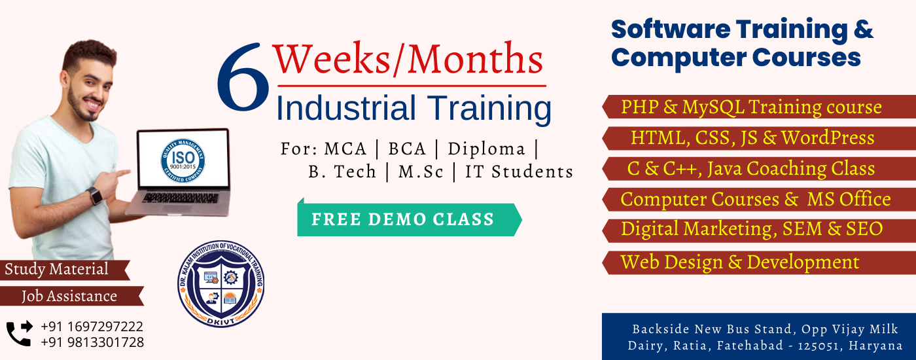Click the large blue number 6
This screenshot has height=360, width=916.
tap(243, 78)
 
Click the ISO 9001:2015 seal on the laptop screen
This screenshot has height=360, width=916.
tap(183, 160)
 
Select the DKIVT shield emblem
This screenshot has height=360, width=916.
tap(221, 283)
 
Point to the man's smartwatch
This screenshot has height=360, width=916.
tap(95, 196)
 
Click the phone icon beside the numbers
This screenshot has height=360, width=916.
tap(19, 333)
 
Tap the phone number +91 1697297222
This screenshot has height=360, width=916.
tap(92, 327)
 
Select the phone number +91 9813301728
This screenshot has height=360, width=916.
tap(92, 342)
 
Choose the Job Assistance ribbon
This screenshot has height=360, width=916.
tap(71, 296)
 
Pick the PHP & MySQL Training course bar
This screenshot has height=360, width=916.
tap(758, 107)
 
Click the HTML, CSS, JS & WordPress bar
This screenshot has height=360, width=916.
tap(758, 138)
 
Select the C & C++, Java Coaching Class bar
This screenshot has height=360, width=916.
tap(758, 169)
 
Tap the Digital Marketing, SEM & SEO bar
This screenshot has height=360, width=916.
tap(758, 230)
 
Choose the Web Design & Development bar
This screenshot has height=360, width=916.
tap(758, 262)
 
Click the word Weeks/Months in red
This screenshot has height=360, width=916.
tap(408, 59)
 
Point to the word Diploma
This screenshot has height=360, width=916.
tap(486, 149)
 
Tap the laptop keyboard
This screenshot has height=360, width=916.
tap(181, 198)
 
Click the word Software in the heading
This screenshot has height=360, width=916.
tap(671, 29)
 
